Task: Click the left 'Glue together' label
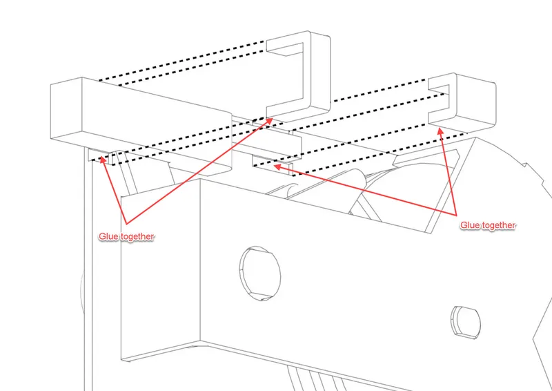126,236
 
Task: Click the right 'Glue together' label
488,225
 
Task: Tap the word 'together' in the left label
137,236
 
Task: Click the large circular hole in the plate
260,274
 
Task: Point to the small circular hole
466,321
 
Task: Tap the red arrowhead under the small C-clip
440,132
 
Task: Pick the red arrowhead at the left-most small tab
102,160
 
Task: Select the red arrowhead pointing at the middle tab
277,166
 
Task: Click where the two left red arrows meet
126,224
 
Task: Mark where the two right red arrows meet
456,215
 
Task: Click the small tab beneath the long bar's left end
100,155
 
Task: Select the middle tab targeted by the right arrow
273,164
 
